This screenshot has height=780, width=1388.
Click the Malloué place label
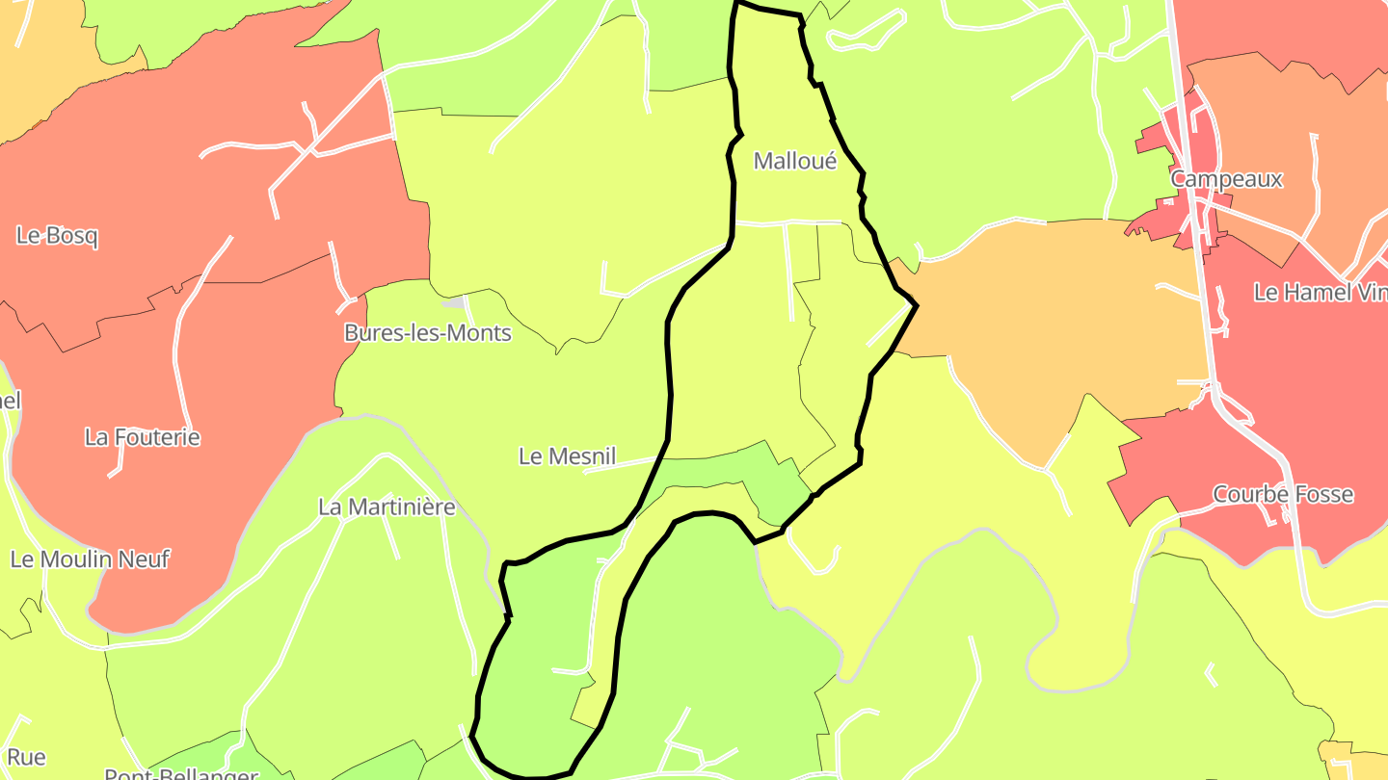[794, 161]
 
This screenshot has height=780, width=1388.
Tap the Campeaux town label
[1226, 179]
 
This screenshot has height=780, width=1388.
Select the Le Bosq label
[57, 236]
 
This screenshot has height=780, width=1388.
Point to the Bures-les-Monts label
[427, 333]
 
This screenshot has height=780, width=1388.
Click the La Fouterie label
[143, 437]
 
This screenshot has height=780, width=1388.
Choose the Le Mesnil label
[567, 456]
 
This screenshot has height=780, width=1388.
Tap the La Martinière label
[386, 507]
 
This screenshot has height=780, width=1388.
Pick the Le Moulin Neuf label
[90, 559]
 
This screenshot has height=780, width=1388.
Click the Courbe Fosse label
[1282, 495]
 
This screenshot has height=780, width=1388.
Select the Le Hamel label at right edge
[1321, 292]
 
